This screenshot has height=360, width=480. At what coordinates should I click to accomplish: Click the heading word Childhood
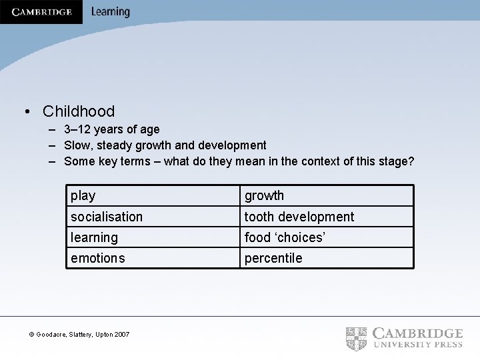[79, 111]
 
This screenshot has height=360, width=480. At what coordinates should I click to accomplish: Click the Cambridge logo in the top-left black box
[41, 12]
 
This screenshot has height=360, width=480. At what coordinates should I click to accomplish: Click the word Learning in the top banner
[111, 12]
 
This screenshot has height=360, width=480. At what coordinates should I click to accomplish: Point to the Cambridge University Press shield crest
[357, 338]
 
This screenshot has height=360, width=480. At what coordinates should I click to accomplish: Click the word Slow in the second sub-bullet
[77, 145]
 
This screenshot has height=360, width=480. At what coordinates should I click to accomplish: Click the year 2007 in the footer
[121, 334]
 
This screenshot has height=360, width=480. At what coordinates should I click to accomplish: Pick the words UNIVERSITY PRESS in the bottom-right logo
[418, 345]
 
